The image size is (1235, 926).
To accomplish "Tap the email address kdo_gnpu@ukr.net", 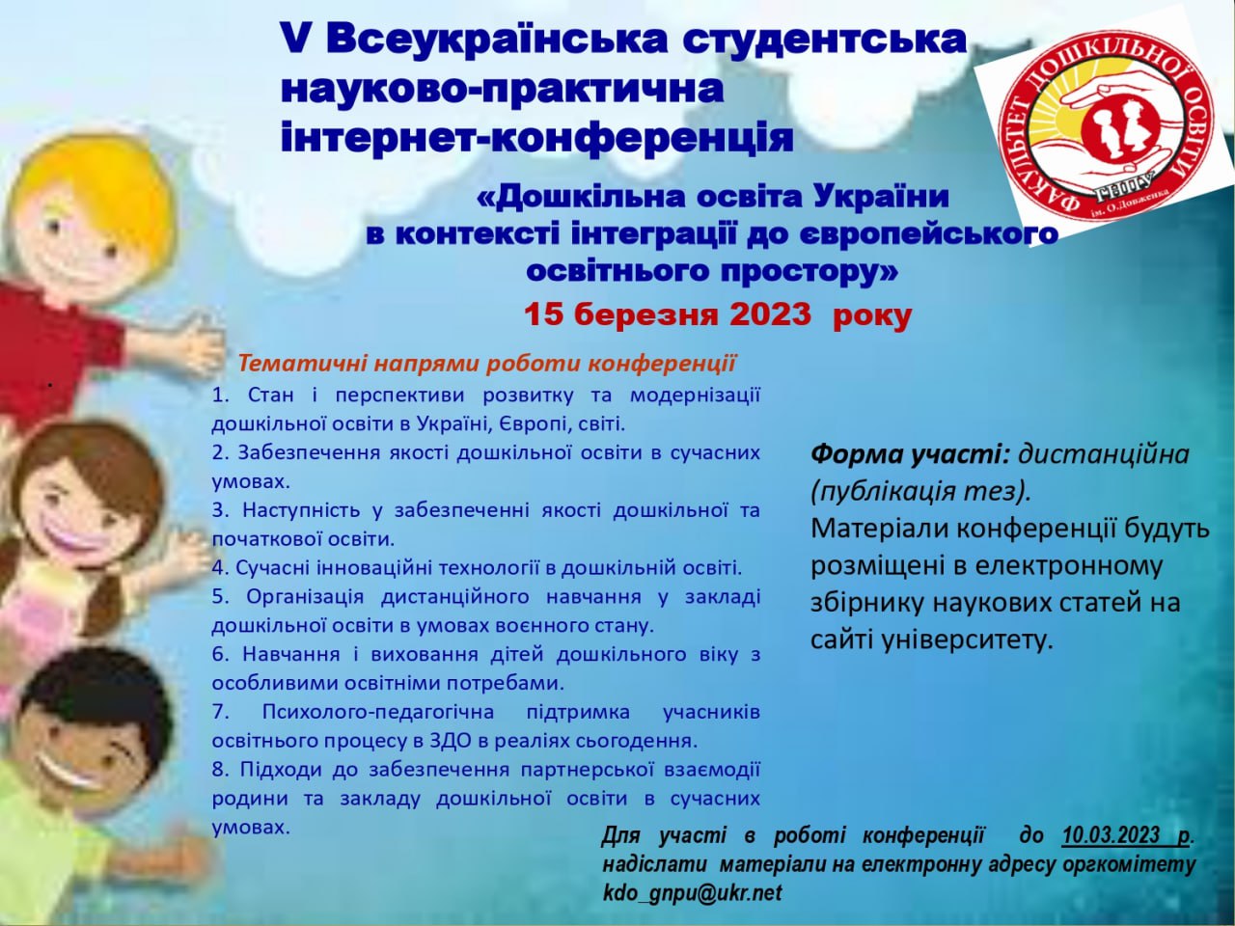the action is click(x=692, y=893).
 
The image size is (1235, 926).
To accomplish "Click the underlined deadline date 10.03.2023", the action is click(x=1111, y=851).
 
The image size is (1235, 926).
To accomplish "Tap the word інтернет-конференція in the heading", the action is click(x=536, y=138).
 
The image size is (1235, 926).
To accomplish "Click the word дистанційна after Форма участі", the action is click(x=1104, y=454).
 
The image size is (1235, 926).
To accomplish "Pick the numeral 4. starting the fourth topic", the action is click(x=221, y=568).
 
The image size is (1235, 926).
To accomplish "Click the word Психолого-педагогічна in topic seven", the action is click(x=378, y=713).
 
